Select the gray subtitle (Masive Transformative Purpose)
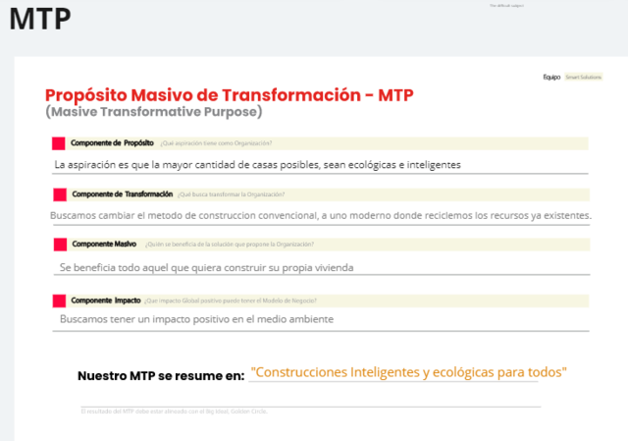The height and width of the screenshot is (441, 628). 154,112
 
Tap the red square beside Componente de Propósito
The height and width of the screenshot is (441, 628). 58,143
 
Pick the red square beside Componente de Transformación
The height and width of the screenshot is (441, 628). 58,193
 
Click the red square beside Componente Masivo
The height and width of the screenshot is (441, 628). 58,243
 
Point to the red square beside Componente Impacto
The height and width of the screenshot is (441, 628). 58,300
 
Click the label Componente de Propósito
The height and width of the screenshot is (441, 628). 111,142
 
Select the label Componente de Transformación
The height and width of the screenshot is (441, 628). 123,193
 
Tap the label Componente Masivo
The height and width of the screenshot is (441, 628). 104,243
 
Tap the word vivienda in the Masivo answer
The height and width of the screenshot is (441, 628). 329,267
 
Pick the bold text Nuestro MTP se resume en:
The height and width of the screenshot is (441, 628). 161,376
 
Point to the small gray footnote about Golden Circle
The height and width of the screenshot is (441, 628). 174,411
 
